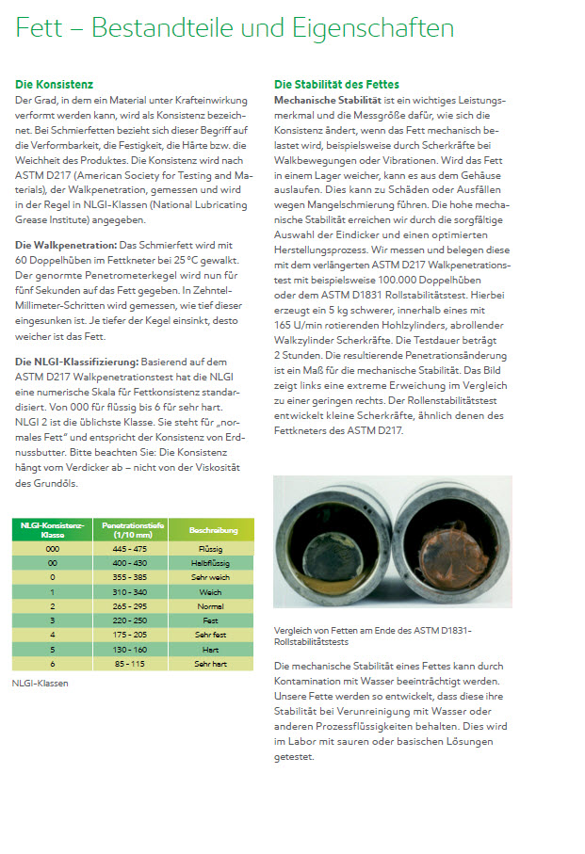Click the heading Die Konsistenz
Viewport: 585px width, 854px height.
[x=55, y=85]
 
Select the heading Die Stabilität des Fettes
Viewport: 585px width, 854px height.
[x=336, y=85]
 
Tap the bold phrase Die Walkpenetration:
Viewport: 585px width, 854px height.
[x=67, y=246]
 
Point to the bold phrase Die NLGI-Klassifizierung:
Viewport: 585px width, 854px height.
[x=77, y=362]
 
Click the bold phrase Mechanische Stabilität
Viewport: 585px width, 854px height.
[x=326, y=100]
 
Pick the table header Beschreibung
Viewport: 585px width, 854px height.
[x=213, y=531]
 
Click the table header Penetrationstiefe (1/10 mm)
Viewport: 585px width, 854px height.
[x=131, y=531]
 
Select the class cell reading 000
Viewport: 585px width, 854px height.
[x=53, y=548]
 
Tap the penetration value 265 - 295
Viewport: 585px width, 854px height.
[x=131, y=606]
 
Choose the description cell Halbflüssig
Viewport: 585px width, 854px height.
[x=213, y=562]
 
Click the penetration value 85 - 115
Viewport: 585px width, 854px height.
[x=131, y=664]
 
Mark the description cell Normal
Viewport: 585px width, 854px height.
[x=213, y=606]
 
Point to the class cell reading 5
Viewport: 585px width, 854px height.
[x=53, y=650]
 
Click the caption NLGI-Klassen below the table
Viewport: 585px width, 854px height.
[x=40, y=685]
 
